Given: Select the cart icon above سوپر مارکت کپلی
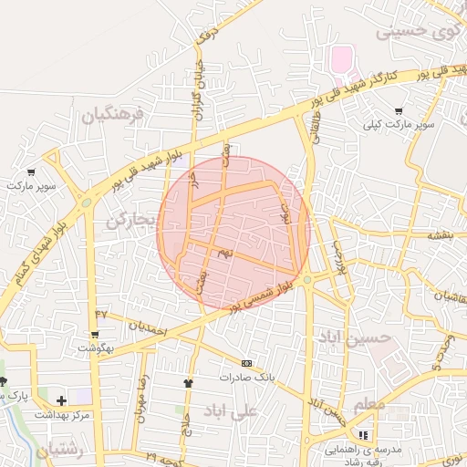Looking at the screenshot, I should [x=399, y=111].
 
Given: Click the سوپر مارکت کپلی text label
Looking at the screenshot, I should [x=399, y=123].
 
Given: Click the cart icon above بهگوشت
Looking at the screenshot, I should [x=95, y=335].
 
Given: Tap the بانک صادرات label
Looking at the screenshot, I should [x=245, y=376].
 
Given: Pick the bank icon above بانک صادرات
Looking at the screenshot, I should [x=245, y=363].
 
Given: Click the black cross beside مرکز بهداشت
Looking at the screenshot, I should [x=61, y=400].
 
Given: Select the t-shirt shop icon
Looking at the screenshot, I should [x=188, y=383].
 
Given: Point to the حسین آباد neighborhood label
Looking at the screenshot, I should [x=353, y=337].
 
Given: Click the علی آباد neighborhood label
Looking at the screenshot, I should [x=232, y=410].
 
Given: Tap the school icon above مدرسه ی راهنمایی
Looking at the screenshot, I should [x=363, y=435].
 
